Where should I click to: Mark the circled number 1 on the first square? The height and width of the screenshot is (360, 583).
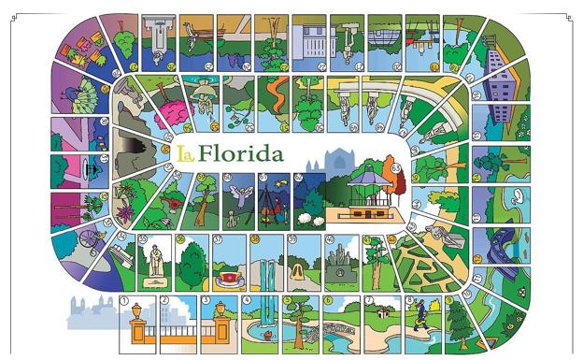point(124,300)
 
